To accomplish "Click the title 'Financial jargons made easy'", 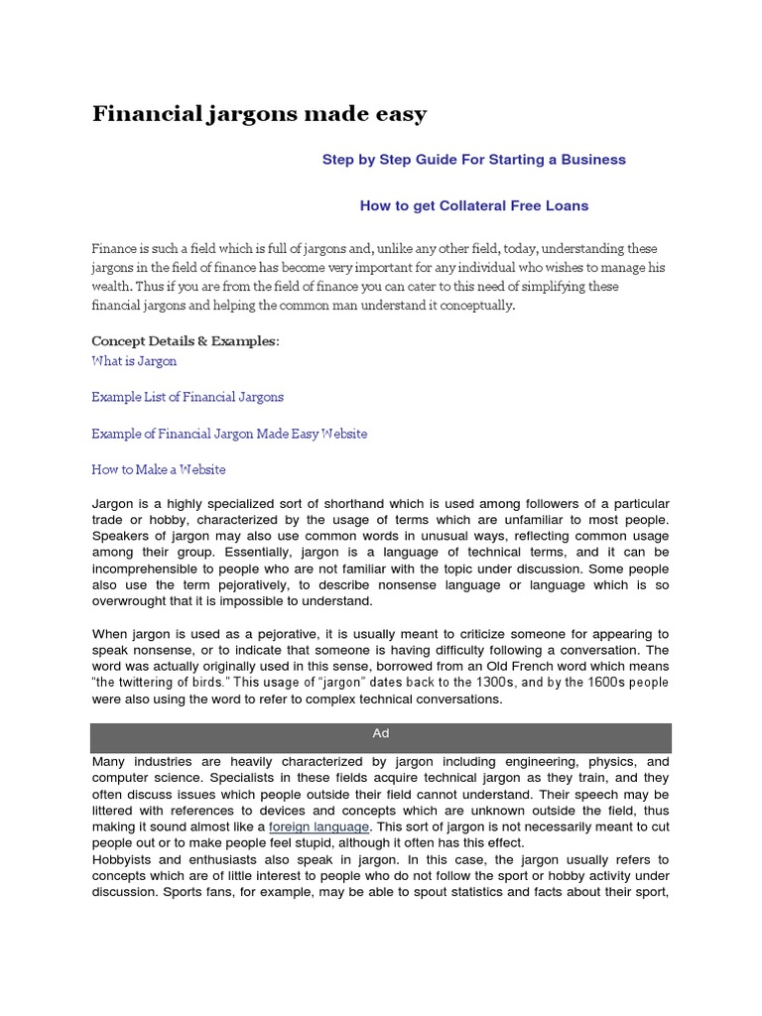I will (x=259, y=114).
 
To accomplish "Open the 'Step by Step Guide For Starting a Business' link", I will (x=473, y=159).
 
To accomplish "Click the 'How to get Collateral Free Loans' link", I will (x=473, y=205).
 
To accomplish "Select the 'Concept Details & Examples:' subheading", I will (x=186, y=341).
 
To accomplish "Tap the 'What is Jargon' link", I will (x=134, y=361).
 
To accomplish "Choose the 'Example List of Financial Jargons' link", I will (x=188, y=397).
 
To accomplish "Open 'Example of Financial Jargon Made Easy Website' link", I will (x=229, y=434).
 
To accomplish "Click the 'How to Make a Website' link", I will (x=159, y=469).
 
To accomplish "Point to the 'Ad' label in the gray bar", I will (x=381, y=733).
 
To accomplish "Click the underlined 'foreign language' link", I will (x=318, y=826).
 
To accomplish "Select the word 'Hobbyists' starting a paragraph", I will (x=123, y=859).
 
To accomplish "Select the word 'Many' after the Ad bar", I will (x=109, y=761).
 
